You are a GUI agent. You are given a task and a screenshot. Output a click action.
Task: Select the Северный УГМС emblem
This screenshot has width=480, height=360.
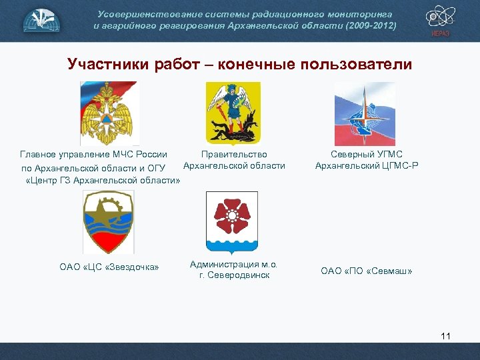tap(365, 112)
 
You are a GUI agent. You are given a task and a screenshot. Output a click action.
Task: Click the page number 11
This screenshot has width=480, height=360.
tap(445, 335)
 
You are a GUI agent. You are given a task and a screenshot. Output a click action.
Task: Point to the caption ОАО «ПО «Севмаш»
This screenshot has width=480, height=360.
tap(367, 271)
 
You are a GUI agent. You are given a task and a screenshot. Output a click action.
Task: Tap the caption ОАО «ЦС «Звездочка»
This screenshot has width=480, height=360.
tap(109, 267)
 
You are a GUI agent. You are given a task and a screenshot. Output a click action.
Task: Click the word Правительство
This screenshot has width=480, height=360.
tap(234, 154)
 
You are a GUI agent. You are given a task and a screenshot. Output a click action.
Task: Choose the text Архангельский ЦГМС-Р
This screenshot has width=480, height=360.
tap(367, 165)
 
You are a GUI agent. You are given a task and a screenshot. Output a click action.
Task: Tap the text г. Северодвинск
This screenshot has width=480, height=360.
tap(234, 275)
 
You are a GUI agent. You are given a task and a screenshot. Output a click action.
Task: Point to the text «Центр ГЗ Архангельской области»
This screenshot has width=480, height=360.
tap(103, 180)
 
